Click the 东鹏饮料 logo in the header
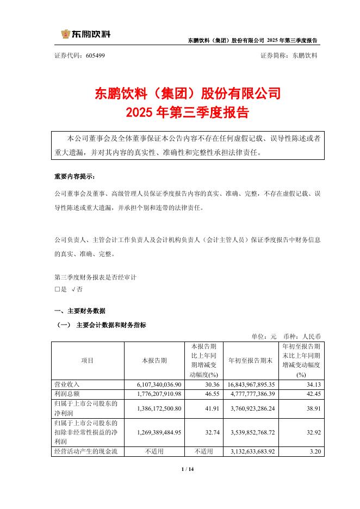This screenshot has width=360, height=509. (x=85, y=34)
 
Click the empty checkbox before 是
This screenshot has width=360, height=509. (x=57, y=290)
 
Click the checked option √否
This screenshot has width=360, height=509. (x=77, y=290)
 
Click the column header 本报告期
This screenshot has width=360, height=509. (x=154, y=361)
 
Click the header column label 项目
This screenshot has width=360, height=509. (x=87, y=361)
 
